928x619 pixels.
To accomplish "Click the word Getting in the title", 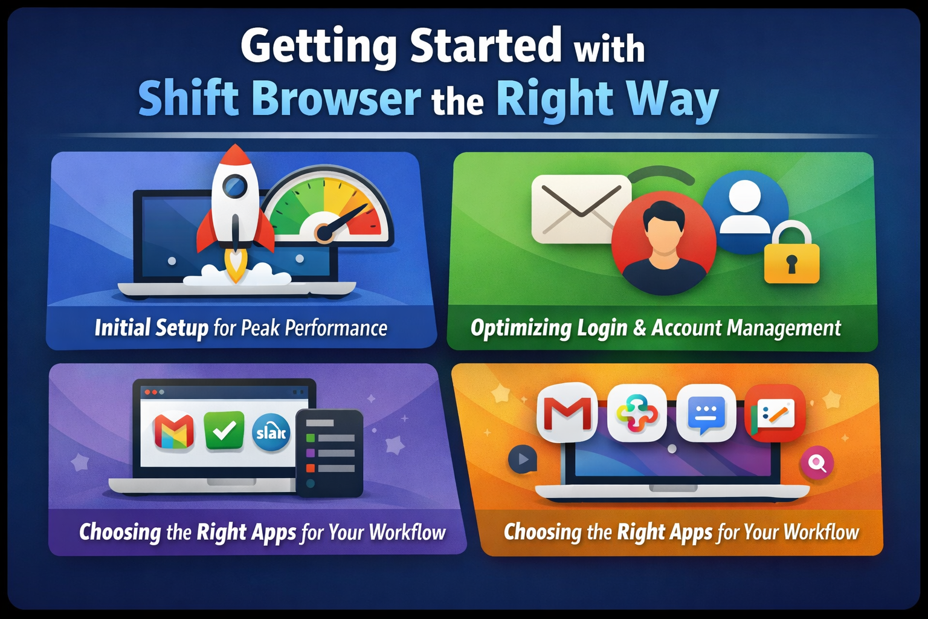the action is [x=318, y=47].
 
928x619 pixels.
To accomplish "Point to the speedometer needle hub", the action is [x=324, y=232].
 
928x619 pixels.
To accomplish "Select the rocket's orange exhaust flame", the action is [x=235, y=266].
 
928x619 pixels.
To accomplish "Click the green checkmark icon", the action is [x=224, y=430].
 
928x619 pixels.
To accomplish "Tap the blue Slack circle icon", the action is [x=271, y=433].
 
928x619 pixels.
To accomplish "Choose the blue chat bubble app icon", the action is [x=706, y=413].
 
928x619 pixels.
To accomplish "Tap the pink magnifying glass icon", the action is [x=817, y=462].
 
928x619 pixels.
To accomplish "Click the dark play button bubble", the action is [x=523, y=459].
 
